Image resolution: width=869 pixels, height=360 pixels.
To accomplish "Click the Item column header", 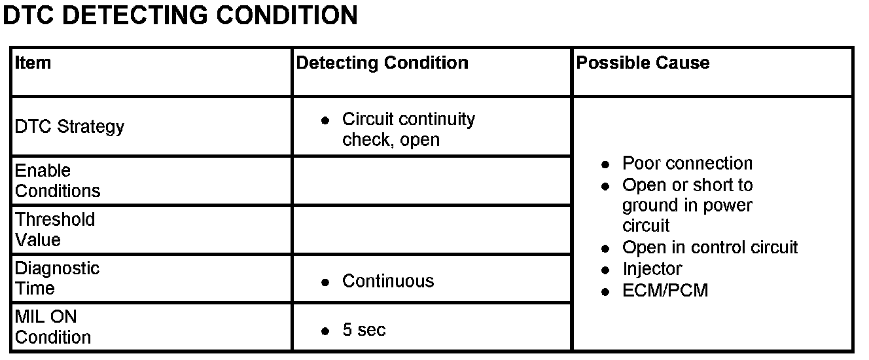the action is coord(33,63).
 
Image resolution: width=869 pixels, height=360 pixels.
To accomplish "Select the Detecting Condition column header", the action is coord(382,63).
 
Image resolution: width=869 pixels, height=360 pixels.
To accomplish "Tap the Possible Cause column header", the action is coord(643,63).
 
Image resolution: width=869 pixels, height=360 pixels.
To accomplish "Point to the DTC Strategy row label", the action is coord(69,126).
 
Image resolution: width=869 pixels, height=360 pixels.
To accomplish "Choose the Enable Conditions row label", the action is coord(58,181).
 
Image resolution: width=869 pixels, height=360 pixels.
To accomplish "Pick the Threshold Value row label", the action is coord(55,230).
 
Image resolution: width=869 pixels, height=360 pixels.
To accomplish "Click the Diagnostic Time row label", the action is coord(57,278).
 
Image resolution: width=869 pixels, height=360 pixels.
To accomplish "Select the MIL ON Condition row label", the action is coord(53,327).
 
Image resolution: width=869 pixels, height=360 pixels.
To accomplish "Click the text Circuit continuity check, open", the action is coord(408,130).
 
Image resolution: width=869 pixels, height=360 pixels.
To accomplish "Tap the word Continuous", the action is coord(388,281).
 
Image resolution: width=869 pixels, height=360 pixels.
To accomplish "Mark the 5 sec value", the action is coord(364,330).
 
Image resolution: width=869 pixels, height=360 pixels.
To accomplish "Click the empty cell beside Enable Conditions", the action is coord(431,181).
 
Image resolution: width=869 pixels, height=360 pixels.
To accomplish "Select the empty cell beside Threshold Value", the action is coord(431,230).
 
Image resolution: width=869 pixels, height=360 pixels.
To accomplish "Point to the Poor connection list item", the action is coord(687,163).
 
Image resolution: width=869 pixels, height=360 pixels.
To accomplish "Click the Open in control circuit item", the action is coord(710,247).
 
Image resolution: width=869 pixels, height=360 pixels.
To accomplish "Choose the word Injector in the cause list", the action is coord(652,269).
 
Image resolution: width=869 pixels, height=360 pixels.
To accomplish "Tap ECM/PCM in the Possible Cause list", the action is coord(665,291).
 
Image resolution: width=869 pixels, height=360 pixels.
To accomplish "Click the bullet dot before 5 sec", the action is coord(325,331).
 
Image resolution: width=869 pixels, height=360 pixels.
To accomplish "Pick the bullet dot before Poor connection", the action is coord(606,164).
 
